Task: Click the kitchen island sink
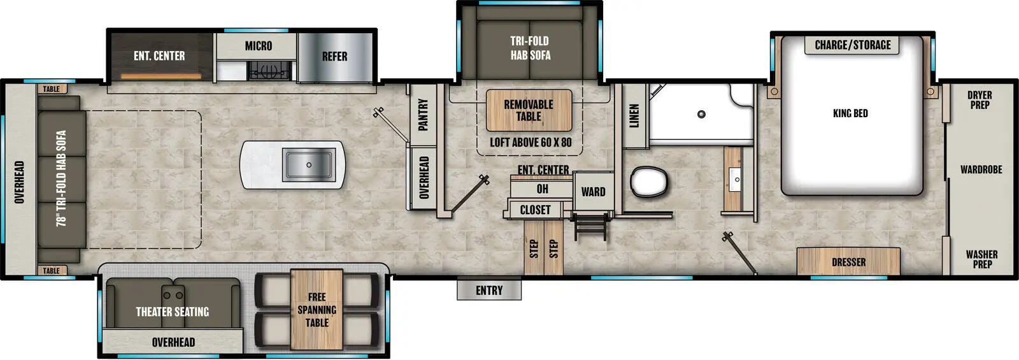(309, 164)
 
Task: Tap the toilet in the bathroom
(649, 181)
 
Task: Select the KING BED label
(850, 113)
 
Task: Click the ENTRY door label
(489, 291)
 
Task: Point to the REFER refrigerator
(334, 57)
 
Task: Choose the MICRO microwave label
(259, 46)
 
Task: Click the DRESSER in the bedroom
(848, 262)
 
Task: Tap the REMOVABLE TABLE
(529, 110)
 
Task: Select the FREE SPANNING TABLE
(317, 310)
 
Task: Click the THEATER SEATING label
(172, 312)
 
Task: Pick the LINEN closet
(634, 116)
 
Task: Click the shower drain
(701, 115)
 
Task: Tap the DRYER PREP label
(980, 100)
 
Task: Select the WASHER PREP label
(981, 259)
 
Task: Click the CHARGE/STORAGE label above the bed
(853, 45)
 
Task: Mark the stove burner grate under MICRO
(268, 69)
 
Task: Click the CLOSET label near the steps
(535, 210)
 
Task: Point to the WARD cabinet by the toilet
(593, 192)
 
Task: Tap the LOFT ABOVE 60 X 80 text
(531, 142)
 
